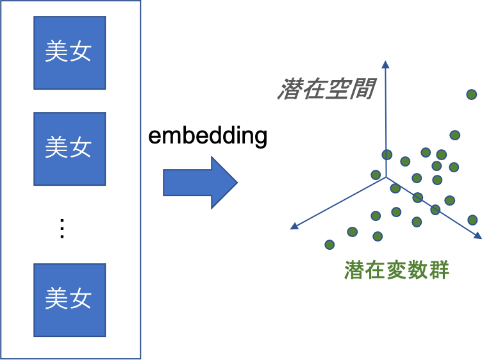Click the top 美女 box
pyautogui.click(x=69, y=53)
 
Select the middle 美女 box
pyautogui.click(x=69, y=149)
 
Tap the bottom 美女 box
pyautogui.click(x=69, y=300)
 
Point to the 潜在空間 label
pyautogui.click(x=326, y=90)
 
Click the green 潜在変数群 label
pyautogui.click(x=397, y=270)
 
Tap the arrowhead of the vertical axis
pyautogui.click(x=385, y=64)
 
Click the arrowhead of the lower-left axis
pyautogui.click(x=294, y=225)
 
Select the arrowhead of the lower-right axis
pyautogui.click(x=478, y=236)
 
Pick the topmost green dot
pyautogui.click(x=471, y=94)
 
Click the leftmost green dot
pyautogui.click(x=329, y=244)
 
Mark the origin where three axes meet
pyautogui.click(x=386, y=177)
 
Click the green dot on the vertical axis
pyautogui.click(x=387, y=154)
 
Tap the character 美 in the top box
pyautogui.click(x=56, y=52)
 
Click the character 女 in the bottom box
pyautogui.click(x=81, y=299)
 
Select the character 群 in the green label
pyautogui.click(x=439, y=270)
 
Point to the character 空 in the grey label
pyautogui.click(x=338, y=90)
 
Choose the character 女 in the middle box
pyautogui.click(x=81, y=147)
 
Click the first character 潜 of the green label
pyautogui.click(x=354, y=270)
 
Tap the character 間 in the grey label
pyautogui.click(x=363, y=90)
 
